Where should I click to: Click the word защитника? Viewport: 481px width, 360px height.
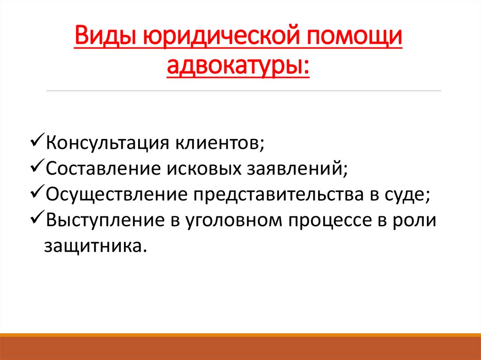pos(95,246)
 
